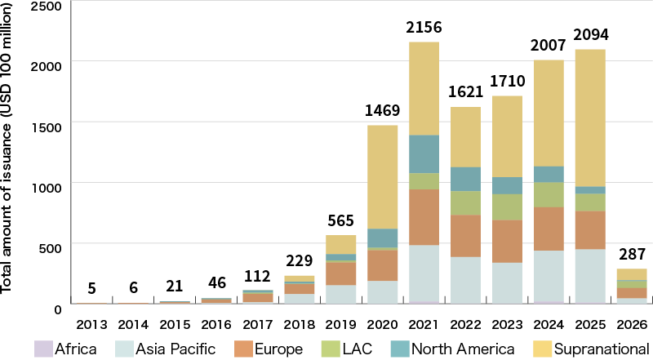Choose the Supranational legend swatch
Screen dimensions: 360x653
pyautogui.click(x=540, y=349)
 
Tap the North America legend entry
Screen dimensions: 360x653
pyautogui.click(x=463, y=349)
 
